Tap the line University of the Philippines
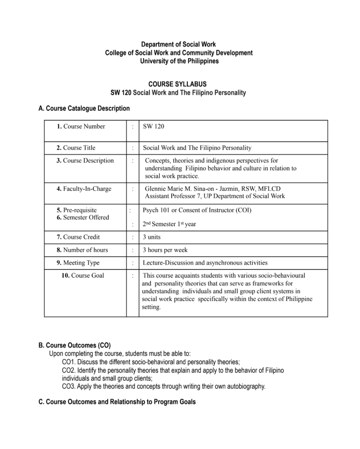click(x=179, y=61)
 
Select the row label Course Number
click(x=81, y=126)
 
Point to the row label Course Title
click(x=76, y=148)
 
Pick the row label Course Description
click(x=85, y=161)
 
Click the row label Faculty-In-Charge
click(x=84, y=189)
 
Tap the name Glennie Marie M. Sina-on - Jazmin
click(x=199, y=189)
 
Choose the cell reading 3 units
click(x=152, y=237)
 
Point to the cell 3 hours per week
click(x=165, y=250)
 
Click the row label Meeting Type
click(x=78, y=263)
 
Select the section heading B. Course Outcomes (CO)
click(x=74, y=346)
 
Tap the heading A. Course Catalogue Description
click(x=84, y=108)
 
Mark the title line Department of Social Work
click(x=179, y=44)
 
